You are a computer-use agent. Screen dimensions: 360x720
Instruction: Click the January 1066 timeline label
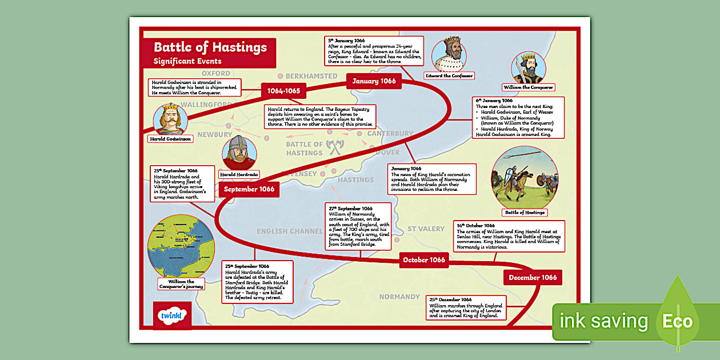[374, 81]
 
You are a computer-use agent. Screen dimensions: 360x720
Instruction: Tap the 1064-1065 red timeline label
[284, 90]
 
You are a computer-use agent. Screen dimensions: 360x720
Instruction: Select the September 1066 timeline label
[249, 189]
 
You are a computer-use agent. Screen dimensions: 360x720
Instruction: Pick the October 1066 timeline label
[423, 260]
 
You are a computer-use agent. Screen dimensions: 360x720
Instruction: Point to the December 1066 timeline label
[533, 278]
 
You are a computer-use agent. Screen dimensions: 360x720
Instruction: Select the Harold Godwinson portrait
[171, 118]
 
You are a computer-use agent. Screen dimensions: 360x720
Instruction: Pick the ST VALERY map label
[426, 229]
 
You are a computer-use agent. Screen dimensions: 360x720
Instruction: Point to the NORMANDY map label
[399, 297]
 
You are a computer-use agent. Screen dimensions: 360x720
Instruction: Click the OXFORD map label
[216, 74]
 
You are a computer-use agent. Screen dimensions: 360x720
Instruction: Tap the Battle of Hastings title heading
[210, 47]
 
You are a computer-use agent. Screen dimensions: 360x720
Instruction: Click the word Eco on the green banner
[677, 321]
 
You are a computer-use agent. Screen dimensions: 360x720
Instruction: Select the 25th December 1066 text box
[466, 307]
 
